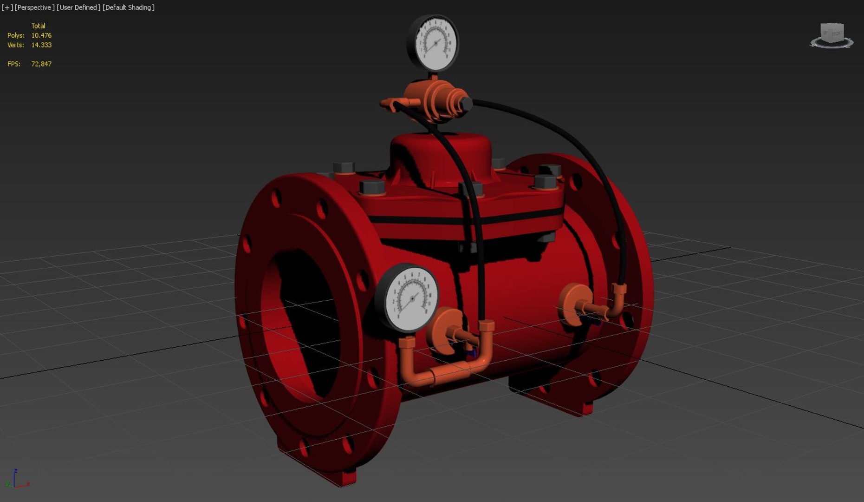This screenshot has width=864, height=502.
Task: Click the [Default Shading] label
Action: (x=129, y=7)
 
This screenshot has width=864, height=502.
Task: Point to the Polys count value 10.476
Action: (x=41, y=35)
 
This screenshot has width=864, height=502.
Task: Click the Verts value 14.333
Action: (x=41, y=45)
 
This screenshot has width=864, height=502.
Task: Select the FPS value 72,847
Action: (x=41, y=64)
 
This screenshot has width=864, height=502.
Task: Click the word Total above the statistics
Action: (x=38, y=26)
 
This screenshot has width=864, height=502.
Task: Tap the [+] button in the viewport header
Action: (x=6, y=7)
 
